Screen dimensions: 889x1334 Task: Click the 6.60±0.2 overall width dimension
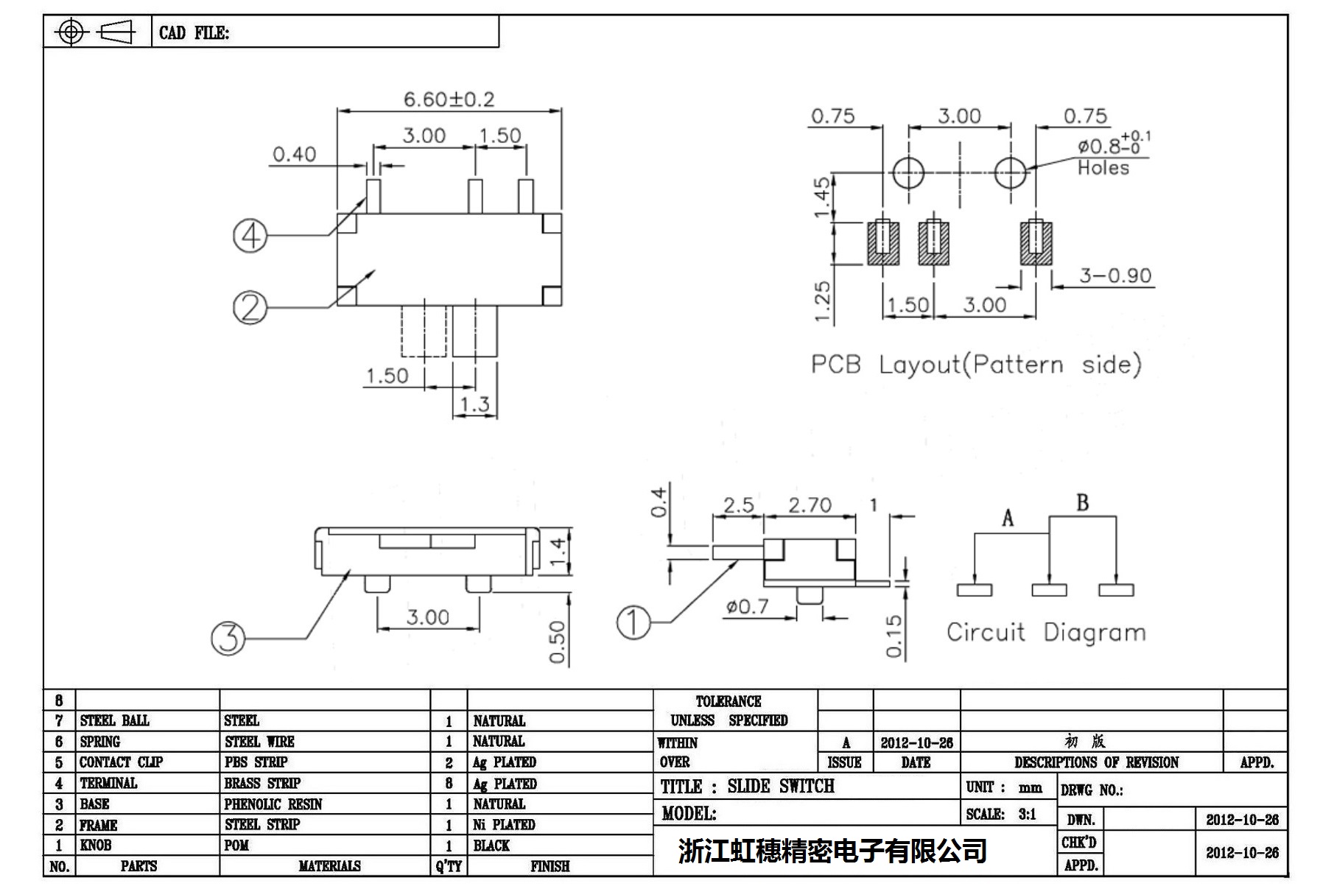click(449, 99)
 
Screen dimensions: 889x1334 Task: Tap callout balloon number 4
click(250, 236)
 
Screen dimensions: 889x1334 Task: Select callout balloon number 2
click(250, 307)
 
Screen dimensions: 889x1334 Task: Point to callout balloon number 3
click(228, 638)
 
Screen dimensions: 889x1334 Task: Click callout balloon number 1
click(633, 622)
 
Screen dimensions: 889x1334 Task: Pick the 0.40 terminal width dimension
click(294, 155)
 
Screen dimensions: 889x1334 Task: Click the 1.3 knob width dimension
click(474, 404)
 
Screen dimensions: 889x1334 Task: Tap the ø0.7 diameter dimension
click(747, 607)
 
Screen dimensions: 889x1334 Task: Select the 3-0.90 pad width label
click(1115, 275)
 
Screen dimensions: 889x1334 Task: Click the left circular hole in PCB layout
click(908, 173)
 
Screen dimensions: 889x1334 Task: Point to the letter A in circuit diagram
click(1008, 519)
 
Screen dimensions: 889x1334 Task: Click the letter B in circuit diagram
click(1082, 503)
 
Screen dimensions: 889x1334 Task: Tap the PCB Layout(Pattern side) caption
click(976, 365)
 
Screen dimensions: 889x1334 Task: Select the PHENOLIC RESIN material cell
click(273, 804)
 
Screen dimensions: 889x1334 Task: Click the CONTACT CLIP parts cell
click(121, 762)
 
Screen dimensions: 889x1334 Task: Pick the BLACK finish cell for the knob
click(491, 846)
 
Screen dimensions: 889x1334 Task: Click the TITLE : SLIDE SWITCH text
click(747, 787)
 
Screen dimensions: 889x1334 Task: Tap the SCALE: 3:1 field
click(1001, 815)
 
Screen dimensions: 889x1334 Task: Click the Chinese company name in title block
click(832, 851)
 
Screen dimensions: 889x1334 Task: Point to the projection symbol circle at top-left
click(71, 32)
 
